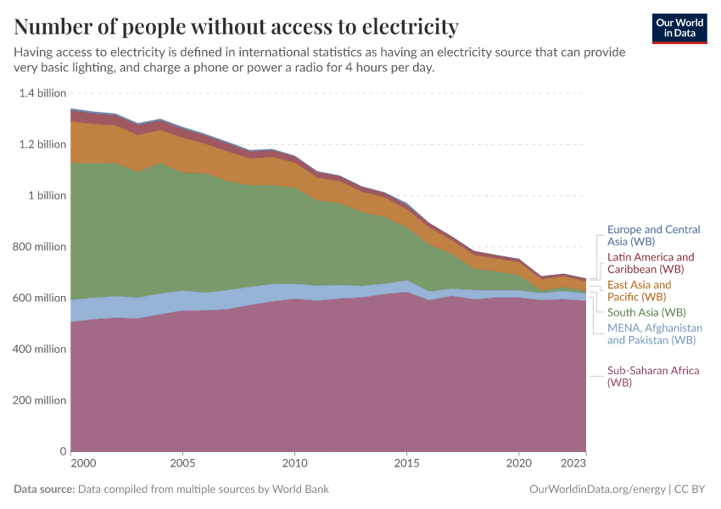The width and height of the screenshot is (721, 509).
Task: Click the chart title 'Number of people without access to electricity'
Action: [236, 27]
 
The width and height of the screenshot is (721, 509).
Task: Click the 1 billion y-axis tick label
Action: [47, 195]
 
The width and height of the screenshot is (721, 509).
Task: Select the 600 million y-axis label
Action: [38, 298]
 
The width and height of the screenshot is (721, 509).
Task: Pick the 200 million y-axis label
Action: [38, 400]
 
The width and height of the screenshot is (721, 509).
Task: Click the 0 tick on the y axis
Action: [62, 451]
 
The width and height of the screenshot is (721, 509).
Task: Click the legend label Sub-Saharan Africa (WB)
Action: [651, 377]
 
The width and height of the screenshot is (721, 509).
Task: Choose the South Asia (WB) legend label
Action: [648, 312]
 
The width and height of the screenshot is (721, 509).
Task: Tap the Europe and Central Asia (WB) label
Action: [653, 236]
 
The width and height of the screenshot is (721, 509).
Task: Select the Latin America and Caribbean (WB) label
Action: [651, 263]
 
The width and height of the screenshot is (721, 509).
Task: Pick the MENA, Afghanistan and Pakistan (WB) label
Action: [654, 333]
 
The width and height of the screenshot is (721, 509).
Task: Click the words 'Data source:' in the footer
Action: [44, 489]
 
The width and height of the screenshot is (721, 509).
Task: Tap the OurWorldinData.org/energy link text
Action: [597, 489]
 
